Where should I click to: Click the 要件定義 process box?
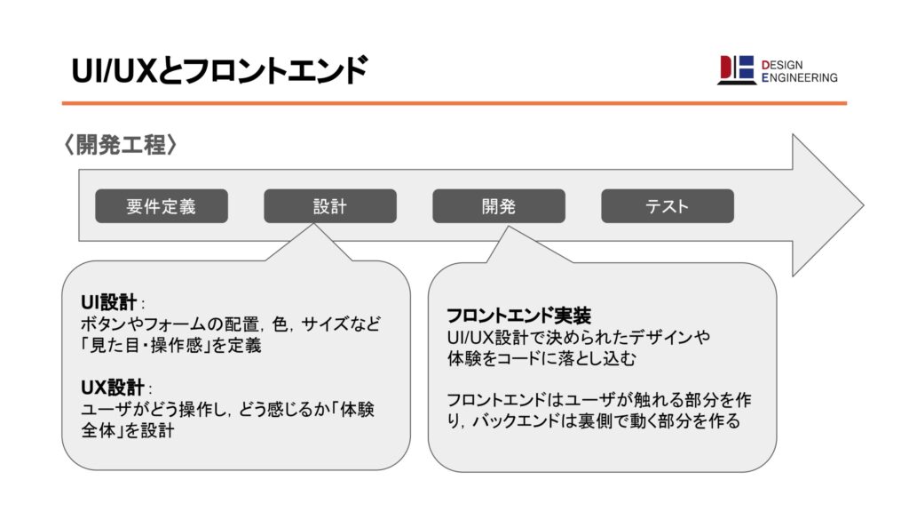click(x=161, y=206)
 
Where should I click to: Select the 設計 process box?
click(x=329, y=206)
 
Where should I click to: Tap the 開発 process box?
click(x=498, y=206)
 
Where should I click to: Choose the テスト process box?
click(x=667, y=206)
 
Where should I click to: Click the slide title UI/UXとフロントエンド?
click(x=218, y=70)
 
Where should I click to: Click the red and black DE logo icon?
click(x=736, y=70)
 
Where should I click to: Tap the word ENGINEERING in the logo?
click(x=799, y=78)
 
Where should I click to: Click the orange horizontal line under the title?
click(x=454, y=103)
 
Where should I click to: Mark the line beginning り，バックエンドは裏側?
click(x=595, y=421)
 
